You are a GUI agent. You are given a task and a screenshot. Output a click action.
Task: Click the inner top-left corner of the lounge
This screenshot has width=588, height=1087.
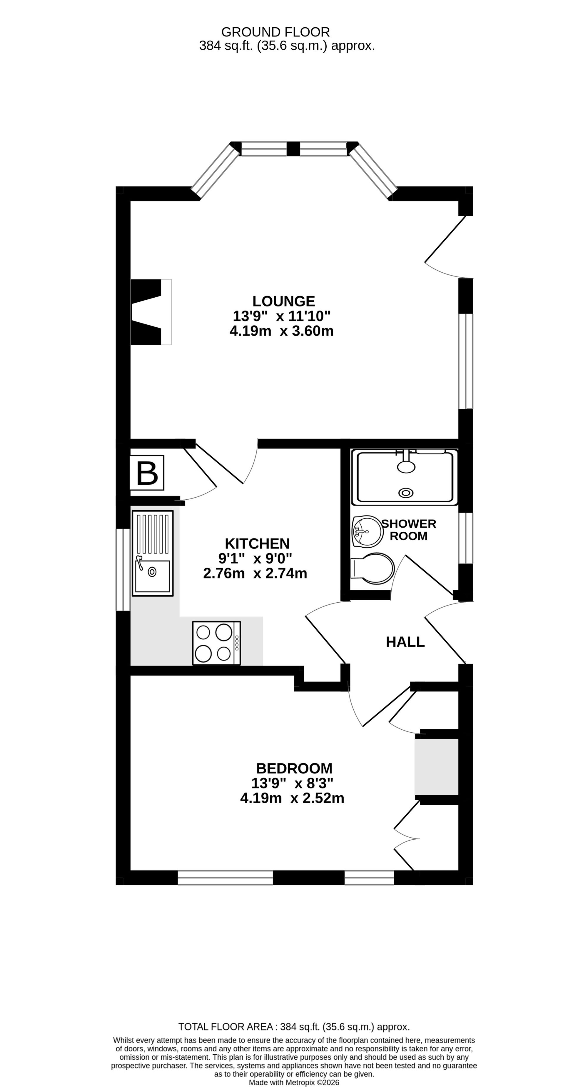pyautogui.click(x=131, y=201)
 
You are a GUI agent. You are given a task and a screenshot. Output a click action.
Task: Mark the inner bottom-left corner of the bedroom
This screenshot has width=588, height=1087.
pyautogui.click(x=131, y=870)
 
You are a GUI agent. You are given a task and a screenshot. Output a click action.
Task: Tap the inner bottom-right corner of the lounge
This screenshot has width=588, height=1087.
pyautogui.click(x=459, y=439)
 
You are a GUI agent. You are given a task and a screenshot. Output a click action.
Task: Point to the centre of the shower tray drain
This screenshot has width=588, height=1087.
pyautogui.click(x=406, y=492)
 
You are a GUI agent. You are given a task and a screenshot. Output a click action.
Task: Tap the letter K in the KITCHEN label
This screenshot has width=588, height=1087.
pyautogui.click(x=229, y=543)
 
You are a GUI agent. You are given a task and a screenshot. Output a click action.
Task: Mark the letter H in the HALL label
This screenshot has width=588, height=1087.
pyautogui.click(x=391, y=642)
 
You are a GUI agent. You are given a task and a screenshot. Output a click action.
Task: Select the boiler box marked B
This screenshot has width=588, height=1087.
pyautogui.click(x=147, y=473)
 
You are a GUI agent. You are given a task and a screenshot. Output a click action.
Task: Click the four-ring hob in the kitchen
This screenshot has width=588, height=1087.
pyautogui.click(x=216, y=643)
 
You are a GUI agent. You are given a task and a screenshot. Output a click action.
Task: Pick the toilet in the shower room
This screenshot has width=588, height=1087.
pyautogui.click(x=372, y=568)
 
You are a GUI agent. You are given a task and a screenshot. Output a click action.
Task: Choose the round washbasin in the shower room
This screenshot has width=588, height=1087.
pyautogui.click(x=367, y=531)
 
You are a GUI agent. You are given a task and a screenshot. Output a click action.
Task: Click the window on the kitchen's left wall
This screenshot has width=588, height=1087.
pyautogui.click(x=123, y=569)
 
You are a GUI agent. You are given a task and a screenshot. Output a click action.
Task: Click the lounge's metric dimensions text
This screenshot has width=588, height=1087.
pyautogui.click(x=281, y=331)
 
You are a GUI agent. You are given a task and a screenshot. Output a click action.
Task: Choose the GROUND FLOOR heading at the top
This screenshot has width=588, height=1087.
pyautogui.click(x=275, y=32)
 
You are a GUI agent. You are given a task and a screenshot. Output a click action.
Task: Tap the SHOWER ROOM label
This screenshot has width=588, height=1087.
pyautogui.click(x=409, y=530)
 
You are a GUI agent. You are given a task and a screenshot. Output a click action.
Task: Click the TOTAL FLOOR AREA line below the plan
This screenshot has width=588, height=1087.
pyautogui.click(x=294, y=1027)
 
